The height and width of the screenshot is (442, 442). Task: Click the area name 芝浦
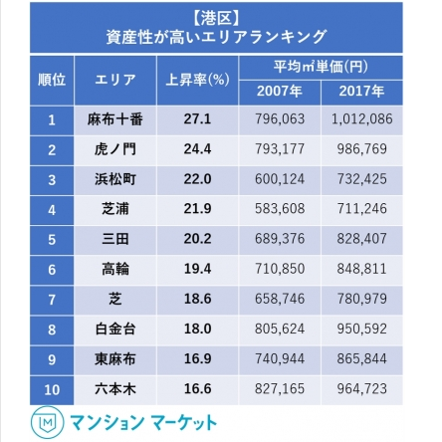114,209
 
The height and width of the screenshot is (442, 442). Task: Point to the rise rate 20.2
196,239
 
